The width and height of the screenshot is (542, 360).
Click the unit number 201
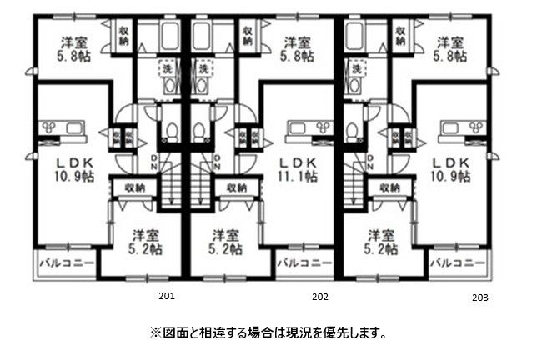[x=166, y=295]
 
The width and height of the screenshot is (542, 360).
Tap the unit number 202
[x=319, y=295]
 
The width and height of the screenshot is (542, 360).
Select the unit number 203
[x=479, y=296]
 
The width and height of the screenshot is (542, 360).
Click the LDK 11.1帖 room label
[x=296, y=168]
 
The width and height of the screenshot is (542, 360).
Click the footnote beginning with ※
[x=268, y=332]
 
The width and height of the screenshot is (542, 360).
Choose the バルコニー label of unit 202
[x=304, y=263]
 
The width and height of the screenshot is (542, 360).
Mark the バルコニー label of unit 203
[x=457, y=263]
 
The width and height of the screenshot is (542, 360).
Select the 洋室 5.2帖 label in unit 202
[x=225, y=242]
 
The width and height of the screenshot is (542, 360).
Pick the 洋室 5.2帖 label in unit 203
[x=379, y=242]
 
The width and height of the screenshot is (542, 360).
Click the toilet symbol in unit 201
[x=172, y=132]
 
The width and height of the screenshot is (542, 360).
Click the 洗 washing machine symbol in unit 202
[x=203, y=67]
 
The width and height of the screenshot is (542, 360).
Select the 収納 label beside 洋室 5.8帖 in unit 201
[x=123, y=36]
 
